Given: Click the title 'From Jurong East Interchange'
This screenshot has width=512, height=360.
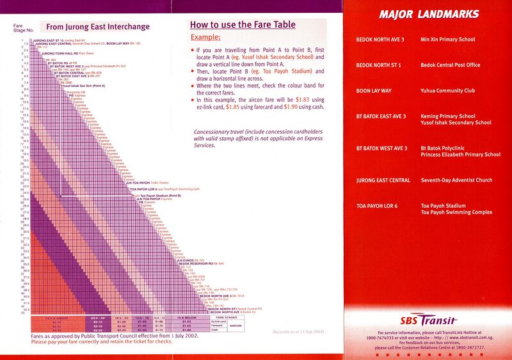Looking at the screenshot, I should coord(97,27).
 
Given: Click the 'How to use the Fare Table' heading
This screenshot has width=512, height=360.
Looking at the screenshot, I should coord(243,25).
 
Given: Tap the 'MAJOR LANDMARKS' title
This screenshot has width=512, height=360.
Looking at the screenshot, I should coord(429,14).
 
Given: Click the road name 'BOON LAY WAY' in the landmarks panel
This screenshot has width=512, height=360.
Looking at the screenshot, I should coord(374,91).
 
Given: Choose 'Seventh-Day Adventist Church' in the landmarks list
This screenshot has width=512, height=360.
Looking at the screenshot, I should coord(456,180).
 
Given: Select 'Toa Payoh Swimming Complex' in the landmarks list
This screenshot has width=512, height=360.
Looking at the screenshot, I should coord(456,212).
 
